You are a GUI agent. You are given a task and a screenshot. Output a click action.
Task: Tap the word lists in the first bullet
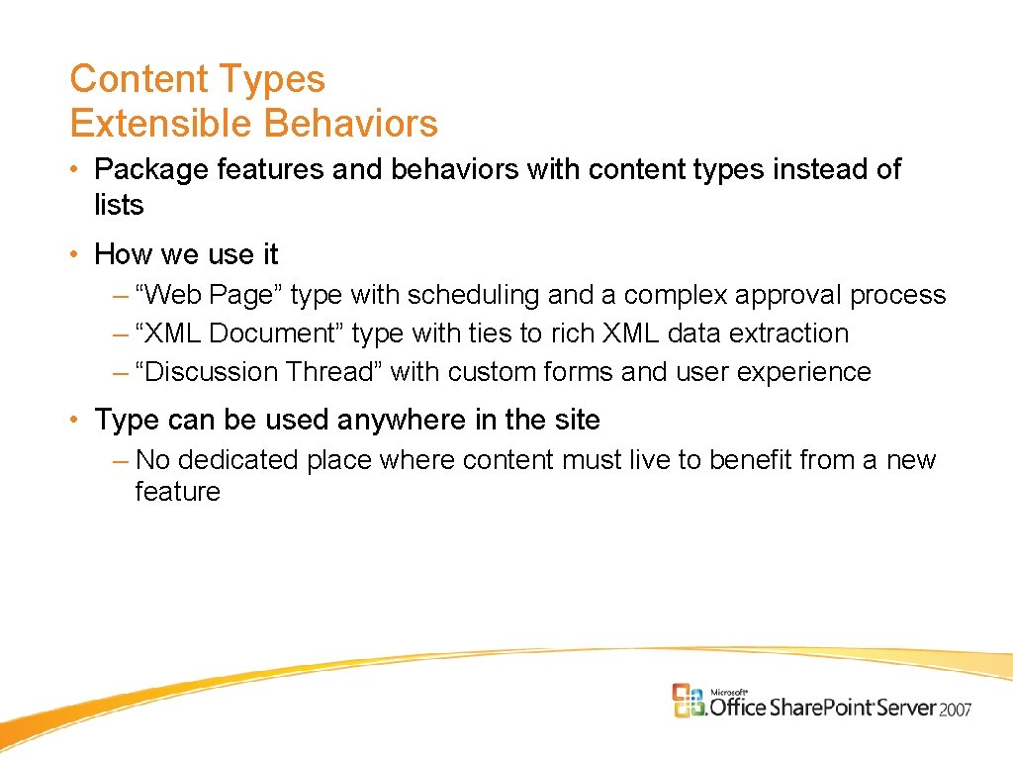119,206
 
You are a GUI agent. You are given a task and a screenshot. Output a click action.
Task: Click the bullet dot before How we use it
76,255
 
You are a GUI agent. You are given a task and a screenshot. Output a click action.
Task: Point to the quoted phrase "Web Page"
210,296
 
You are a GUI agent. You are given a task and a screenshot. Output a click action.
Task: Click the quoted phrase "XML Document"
240,334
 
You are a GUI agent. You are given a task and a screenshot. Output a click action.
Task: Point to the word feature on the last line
177,492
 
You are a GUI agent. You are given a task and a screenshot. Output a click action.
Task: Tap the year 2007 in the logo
956,709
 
